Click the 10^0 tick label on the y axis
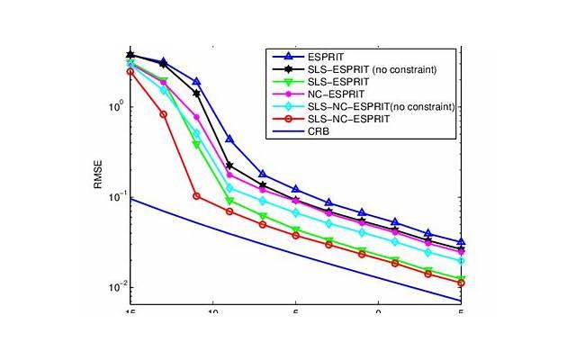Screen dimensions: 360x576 coord(116,106)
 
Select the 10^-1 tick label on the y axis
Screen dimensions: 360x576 coord(116,197)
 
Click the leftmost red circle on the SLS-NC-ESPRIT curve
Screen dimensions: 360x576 coord(130,72)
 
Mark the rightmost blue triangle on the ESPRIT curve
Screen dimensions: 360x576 coord(461,242)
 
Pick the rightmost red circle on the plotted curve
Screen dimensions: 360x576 coord(461,283)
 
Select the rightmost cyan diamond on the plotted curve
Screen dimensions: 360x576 coord(461,261)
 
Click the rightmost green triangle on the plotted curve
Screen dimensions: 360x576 coord(461,278)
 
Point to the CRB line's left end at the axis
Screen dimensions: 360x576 coord(130,199)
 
